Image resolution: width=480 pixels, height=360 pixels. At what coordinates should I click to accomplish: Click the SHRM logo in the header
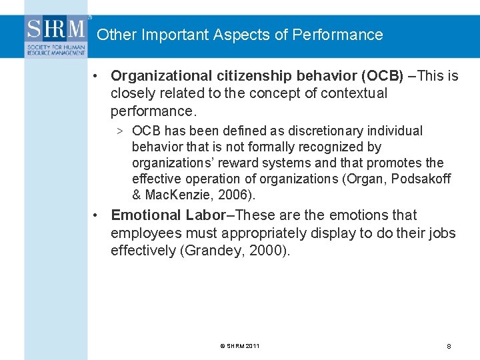tap(57, 37)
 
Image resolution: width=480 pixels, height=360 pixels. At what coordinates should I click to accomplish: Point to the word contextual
tap(355, 93)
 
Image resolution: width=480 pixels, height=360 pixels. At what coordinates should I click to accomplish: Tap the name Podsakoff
tap(424, 179)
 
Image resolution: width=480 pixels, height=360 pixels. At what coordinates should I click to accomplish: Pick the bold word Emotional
tap(146, 215)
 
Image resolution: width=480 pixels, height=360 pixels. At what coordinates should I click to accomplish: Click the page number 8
tap(449, 347)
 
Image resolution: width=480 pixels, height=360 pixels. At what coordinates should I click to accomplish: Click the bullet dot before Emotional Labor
tap(97, 215)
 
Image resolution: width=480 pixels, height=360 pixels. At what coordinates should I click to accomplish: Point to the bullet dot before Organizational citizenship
tap(97, 76)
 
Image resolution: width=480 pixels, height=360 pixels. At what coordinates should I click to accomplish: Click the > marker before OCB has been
tap(118, 131)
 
